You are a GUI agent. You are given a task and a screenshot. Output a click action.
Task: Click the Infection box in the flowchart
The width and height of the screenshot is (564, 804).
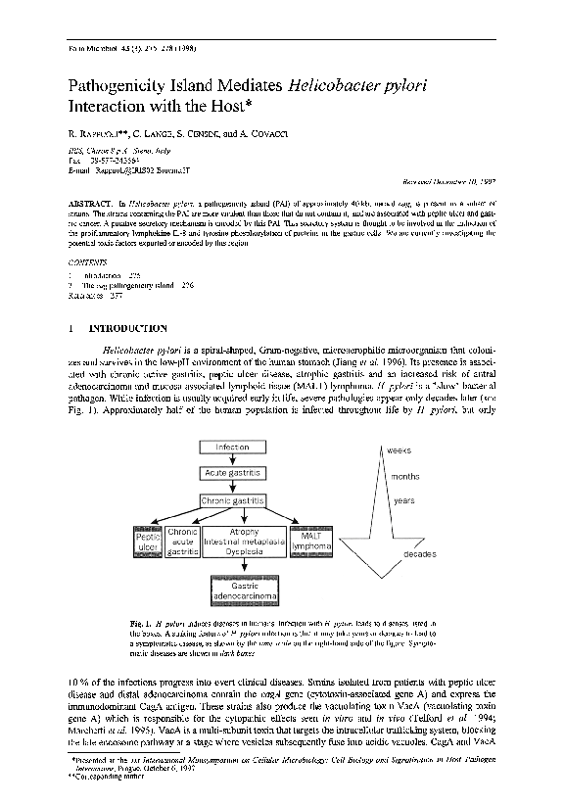pos(232,448)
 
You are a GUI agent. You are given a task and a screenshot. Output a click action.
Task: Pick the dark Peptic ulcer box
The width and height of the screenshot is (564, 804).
pos(147,542)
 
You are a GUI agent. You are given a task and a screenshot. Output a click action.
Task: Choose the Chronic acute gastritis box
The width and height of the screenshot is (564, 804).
pos(183,542)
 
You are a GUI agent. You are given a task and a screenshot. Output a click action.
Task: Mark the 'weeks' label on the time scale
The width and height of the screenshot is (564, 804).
pos(399,449)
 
